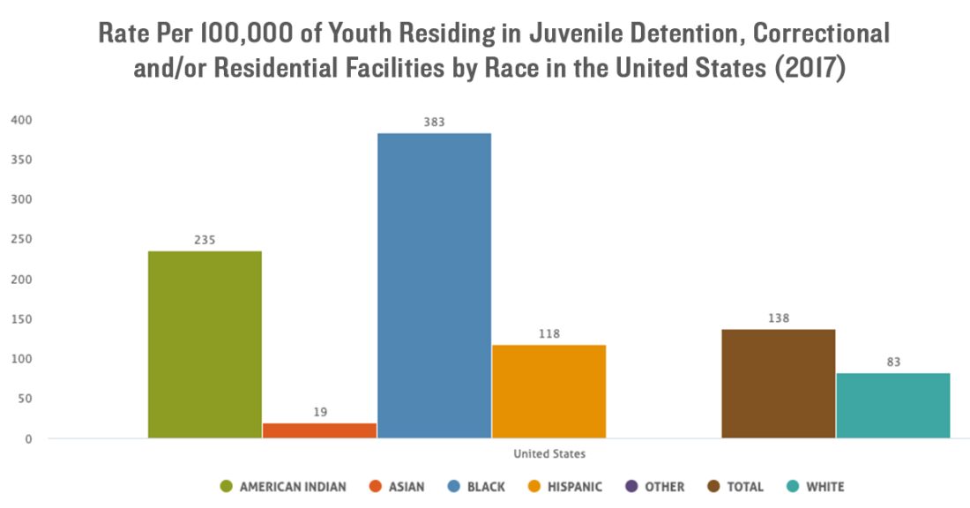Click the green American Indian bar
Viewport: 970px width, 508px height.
point(205,344)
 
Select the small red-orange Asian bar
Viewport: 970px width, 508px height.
point(319,430)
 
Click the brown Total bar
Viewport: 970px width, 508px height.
point(778,383)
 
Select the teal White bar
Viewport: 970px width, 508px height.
point(892,405)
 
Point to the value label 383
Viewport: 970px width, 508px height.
point(434,123)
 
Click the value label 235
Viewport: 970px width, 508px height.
point(205,240)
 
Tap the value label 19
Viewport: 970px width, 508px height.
point(319,412)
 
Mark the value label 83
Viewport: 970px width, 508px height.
point(892,362)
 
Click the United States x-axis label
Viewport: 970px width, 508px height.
point(548,454)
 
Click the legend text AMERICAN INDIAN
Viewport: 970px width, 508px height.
point(293,487)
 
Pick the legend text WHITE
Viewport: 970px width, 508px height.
point(824,487)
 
